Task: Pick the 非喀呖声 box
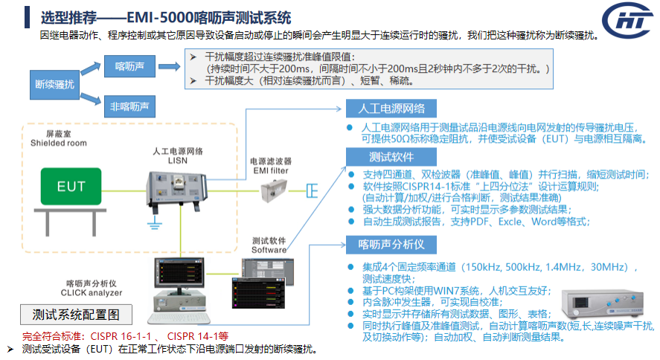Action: (x=129, y=106)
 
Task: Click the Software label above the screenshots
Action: (x=269, y=250)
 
